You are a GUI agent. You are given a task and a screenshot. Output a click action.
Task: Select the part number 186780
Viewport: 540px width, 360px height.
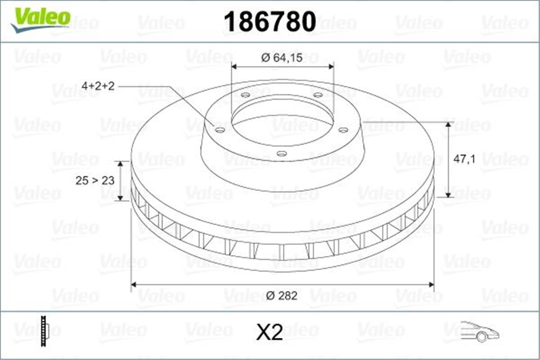pyautogui.click(x=270, y=22)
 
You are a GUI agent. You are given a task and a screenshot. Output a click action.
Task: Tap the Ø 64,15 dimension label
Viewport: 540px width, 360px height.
pyautogui.click(x=282, y=58)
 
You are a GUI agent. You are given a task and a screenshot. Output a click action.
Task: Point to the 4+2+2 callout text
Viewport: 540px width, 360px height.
pyautogui.click(x=98, y=86)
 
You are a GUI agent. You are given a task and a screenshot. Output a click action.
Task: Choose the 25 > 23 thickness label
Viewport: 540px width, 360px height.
pyautogui.click(x=95, y=180)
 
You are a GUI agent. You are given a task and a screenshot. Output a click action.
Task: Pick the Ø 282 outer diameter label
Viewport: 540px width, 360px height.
pyautogui.click(x=282, y=296)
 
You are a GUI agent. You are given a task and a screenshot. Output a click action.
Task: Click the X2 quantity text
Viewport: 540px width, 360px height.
pyautogui.click(x=269, y=333)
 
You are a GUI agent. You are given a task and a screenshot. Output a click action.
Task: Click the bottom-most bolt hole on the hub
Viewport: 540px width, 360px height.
pyautogui.click(x=282, y=154)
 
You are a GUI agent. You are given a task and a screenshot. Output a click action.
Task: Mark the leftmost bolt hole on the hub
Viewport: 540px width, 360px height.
pyautogui.click(x=220, y=130)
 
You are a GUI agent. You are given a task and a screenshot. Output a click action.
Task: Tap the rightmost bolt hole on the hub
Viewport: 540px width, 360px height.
pyautogui.click(x=343, y=130)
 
